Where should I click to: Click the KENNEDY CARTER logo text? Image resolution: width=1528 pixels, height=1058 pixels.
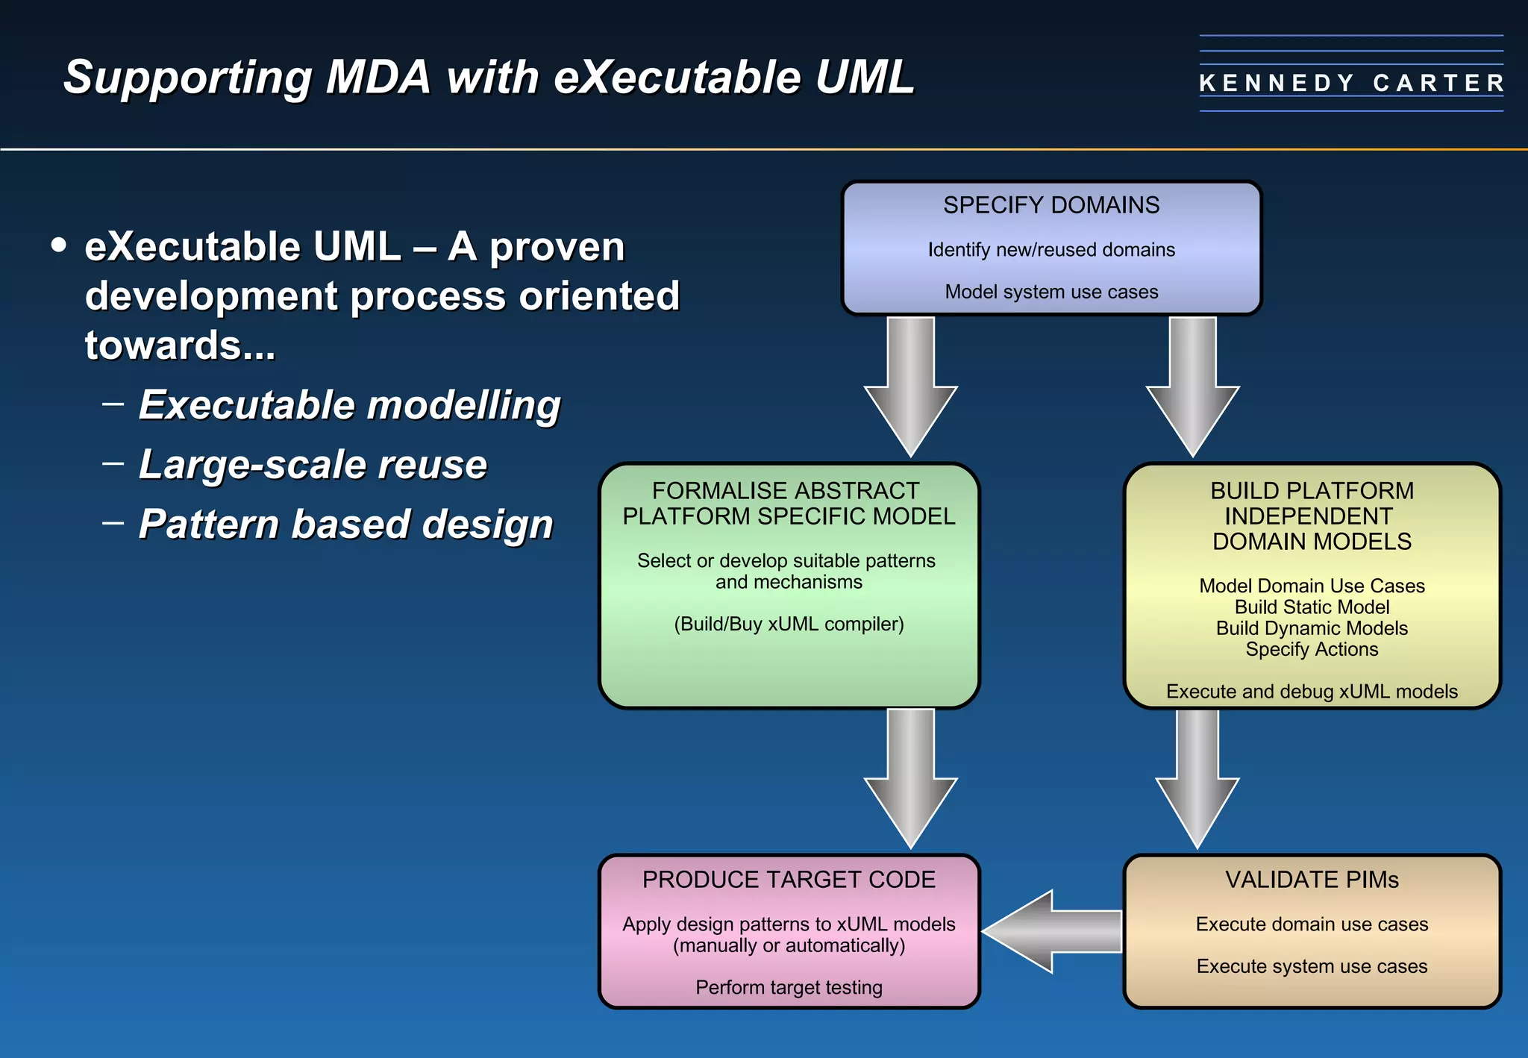pyautogui.click(x=1351, y=83)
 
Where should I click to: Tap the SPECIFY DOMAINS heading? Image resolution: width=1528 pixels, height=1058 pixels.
pyautogui.click(x=1050, y=205)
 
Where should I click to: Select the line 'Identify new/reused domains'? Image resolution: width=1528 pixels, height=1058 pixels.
pyautogui.click(x=1050, y=250)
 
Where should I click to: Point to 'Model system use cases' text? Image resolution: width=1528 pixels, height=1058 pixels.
pyautogui.click(x=1050, y=292)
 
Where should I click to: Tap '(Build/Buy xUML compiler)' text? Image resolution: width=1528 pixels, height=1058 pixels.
pyautogui.click(x=789, y=624)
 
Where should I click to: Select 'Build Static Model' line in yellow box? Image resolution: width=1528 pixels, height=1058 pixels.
pyautogui.click(x=1312, y=607)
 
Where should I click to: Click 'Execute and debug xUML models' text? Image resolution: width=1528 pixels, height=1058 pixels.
pyautogui.click(x=1312, y=692)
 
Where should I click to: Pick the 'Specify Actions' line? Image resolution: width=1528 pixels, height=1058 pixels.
pyautogui.click(x=1312, y=649)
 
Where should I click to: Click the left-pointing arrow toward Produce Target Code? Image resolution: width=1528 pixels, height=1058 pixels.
pyautogui.click(x=1052, y=932)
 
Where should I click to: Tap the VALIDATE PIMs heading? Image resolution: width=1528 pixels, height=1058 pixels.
pyautogui.click(x=1312, y=880)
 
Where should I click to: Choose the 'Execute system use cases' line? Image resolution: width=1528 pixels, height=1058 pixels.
pyautogui.click(x=1312, y=966)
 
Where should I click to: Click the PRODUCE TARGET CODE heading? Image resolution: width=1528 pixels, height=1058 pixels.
pyautogui.click(x=789, y=880)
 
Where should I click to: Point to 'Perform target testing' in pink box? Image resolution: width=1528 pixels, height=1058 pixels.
pyautogui.click(x=789, y=988)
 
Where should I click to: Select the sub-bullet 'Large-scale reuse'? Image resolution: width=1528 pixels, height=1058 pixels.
pyautogui.click(x=313, y=464)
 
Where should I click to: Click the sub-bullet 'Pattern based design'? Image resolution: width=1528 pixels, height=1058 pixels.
pyautogui.click(x=345, y=524)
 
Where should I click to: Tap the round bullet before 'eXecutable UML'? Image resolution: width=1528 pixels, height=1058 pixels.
pyautogui.click(x=59, y=245)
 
